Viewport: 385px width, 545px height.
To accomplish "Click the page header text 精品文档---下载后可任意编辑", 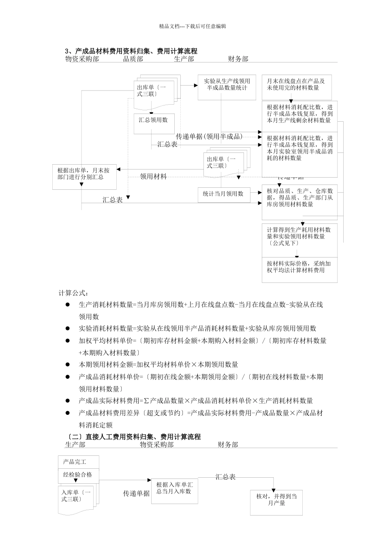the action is [x=192, y=26].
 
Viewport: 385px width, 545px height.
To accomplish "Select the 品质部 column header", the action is [x=133, y=59].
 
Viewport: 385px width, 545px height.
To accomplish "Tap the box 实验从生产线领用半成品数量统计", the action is [x=227, y=87].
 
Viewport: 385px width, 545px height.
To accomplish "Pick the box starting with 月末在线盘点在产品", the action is [x=296, y=87].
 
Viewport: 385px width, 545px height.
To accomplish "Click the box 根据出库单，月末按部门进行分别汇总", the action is [x=84, y=177].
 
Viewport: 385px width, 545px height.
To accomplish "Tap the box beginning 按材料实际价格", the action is [x=299, y=269].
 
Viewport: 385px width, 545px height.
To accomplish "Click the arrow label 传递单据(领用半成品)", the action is [x=209, y=137].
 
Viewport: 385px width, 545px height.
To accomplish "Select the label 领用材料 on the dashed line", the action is [x=153, y=176].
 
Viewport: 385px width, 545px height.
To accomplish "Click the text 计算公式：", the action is [x=73, y=293].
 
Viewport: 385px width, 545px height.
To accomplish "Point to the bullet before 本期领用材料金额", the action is [x=68, y=365].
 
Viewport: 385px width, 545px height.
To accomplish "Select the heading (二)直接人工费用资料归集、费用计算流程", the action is [x=133, y=437].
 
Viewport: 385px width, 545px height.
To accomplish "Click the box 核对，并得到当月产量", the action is [x=276, y=502].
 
